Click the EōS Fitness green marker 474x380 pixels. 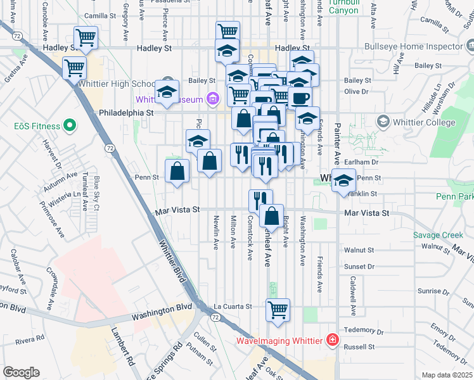pos(71,125)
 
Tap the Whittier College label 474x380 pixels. pos(422,121)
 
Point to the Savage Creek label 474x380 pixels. pos(438,235)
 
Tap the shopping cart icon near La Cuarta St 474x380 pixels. pos(278,310)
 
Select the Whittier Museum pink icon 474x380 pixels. pos(212,99)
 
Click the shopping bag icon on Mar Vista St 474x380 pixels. pos(271,216)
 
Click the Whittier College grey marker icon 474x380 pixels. pos(383,121)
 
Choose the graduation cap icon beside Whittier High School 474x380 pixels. pos(167,94)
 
